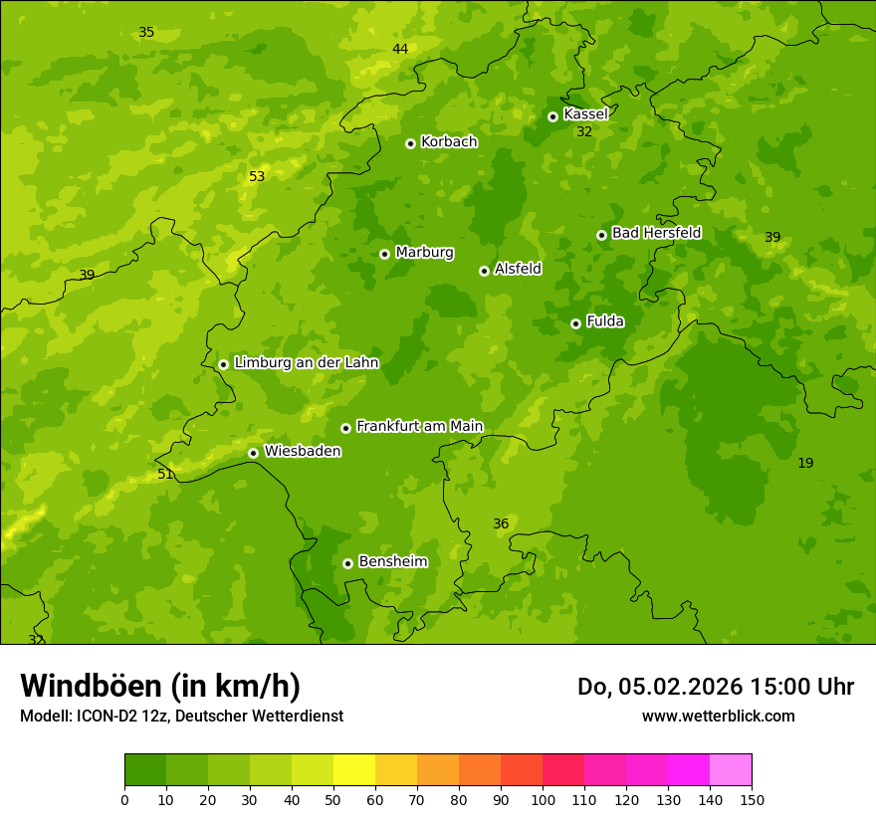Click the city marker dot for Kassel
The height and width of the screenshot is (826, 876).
(x=552, y=116)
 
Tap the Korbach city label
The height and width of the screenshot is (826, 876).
(x=449, y=142)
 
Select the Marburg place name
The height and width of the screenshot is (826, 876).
(x=424, y=253)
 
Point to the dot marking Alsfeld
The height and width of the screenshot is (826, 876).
(x=484, y=271)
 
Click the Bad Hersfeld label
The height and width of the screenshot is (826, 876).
(x=656, y=233)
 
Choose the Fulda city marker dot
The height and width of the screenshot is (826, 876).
(x=575, y=323)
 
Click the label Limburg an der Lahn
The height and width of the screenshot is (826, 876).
(x=306, y=363)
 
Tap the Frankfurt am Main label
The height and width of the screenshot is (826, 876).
(x=419, y=426)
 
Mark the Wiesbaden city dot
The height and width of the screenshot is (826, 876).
(x=253, y=453)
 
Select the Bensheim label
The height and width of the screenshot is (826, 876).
(x=392, y=561)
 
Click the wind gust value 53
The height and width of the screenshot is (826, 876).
(x=257, y=177)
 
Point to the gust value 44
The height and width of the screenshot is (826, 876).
(x=400, y=50)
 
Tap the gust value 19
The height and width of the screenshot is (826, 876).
(x=805, y=463)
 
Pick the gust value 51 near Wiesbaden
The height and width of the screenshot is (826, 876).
(x=165, y=475)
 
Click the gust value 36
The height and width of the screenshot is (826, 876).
(x=501, y=524)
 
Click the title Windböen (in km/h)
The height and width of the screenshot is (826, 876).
(x=160, y=687)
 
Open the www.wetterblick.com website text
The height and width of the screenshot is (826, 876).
(x=718, y=717)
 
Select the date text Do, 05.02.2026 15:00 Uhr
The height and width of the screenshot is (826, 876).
(x=716, y=687)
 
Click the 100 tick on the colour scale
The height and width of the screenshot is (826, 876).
(x=543, y=799)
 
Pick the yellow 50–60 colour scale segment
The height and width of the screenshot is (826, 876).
(x=354, y=770)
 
